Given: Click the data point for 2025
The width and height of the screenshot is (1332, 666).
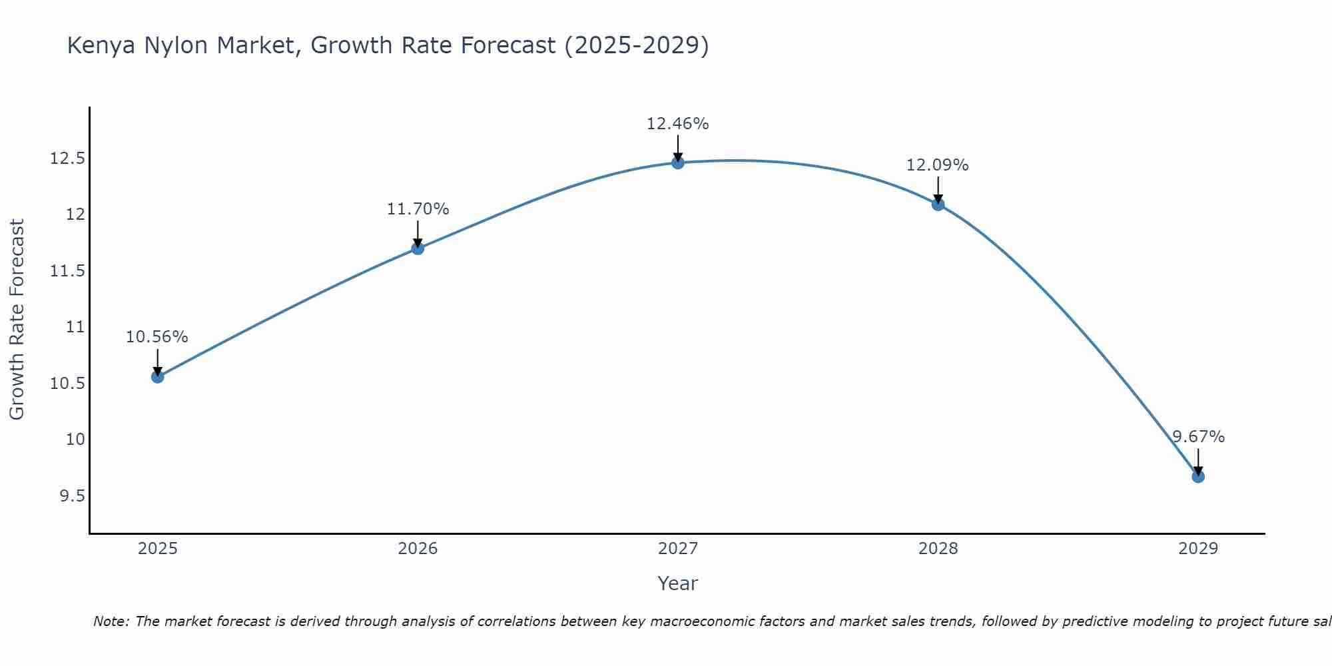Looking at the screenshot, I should click(x=157, y=377).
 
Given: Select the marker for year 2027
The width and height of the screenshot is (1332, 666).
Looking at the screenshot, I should click(x=678, y=163).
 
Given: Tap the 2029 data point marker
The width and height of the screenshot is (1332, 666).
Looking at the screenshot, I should click(x=1198, y=477).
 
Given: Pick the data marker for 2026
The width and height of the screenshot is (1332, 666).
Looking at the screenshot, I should click(x=418, y=248).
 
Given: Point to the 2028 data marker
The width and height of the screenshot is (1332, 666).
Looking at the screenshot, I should click(x=938, y=204).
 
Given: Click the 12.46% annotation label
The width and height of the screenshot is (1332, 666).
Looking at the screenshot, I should click(x=677, y=124).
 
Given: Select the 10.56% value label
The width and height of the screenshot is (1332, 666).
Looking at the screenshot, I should click(x=157, y=337).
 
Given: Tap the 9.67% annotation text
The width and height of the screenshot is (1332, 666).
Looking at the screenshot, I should click(x=1198, y=437).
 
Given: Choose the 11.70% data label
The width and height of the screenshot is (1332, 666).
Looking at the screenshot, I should click(x=418, y=209).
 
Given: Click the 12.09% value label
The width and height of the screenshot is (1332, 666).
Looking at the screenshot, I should click(x=937, y=165).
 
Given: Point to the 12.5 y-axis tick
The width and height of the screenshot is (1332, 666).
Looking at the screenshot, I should click(x=67, y=159).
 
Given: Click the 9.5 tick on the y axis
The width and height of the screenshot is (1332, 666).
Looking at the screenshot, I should click(x=72, y=496).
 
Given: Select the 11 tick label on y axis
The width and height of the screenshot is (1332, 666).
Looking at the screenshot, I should click(x=75, y=327).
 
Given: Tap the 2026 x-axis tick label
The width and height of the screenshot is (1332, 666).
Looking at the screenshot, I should click(x=418, y=549).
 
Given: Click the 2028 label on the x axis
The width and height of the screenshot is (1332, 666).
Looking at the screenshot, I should click(x=938, y=549).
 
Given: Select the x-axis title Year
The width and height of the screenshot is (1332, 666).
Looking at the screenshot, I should click(x=677, y=583).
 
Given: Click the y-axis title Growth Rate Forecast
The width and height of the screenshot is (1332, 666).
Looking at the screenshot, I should click(x=17, y=320).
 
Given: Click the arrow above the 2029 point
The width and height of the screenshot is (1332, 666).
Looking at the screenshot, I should click(x=1198, y=461).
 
